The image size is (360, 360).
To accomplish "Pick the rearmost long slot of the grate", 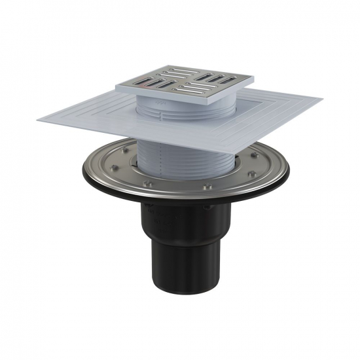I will [175, 69].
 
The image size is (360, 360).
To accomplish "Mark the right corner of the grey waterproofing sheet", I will [321, 101].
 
